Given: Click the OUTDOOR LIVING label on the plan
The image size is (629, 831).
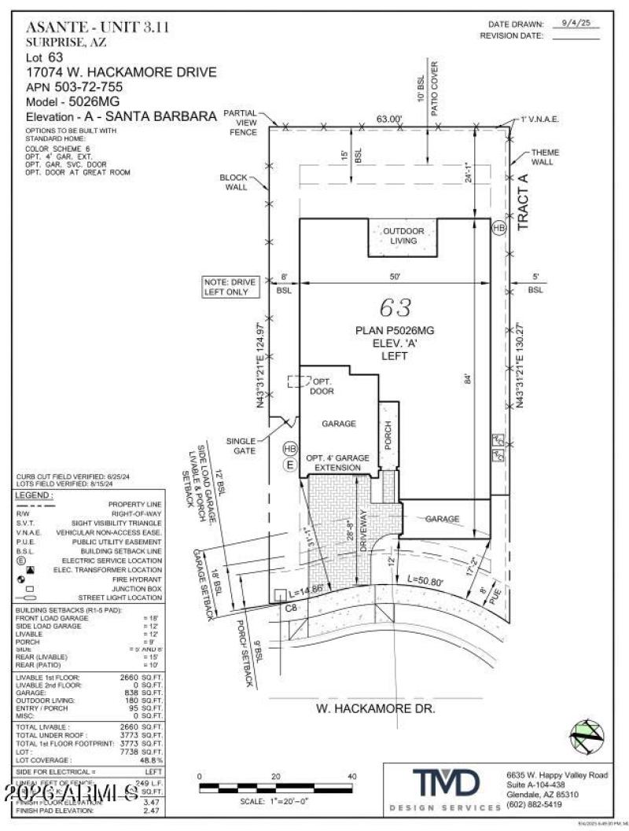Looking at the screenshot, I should (x=403, y=236).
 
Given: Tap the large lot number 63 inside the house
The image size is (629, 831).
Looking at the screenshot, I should (x=395, y=307).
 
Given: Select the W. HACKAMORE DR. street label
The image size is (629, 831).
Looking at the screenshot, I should (x=375, y=708).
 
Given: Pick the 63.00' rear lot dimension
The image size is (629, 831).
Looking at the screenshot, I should (x=388, y=120).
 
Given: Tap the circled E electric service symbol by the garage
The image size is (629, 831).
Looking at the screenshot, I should (x=289, y=465).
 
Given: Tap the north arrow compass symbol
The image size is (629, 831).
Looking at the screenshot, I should (x=587, y=737).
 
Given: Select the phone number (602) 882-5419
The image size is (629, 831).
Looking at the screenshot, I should (x=535, y=804).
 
